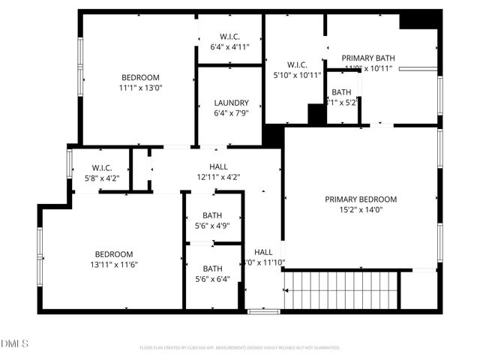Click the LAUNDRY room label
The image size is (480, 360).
(230, 103)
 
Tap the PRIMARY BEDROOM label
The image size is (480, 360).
(360, 199)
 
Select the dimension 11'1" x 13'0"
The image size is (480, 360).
(142, 88)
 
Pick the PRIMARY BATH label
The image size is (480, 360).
(368, 58)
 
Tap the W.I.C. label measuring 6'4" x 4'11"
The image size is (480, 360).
(229, 37)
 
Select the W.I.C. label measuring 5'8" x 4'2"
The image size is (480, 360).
(102, 167)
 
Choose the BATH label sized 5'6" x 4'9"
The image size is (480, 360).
(212, 215)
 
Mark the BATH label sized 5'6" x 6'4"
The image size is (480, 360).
(212, 268)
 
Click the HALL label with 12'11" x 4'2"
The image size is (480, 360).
(218, 166)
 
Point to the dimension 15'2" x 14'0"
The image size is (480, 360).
(360, 210)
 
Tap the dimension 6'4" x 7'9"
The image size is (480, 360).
(230, 113)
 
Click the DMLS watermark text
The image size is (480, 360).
(14, 343)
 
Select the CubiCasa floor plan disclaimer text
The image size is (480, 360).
(240, 348)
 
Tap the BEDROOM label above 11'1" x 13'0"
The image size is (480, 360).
(141, 77)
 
